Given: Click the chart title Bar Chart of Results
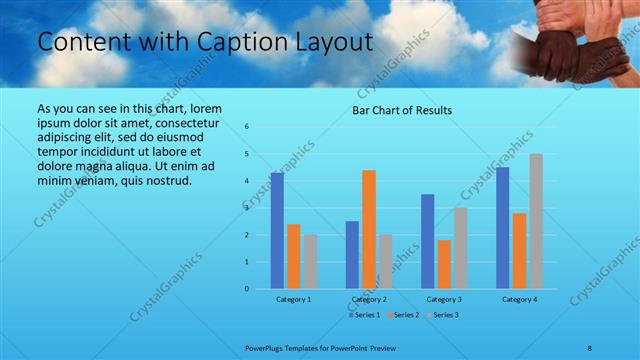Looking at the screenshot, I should [402, 110].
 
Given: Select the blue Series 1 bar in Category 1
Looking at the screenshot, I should [277, 231].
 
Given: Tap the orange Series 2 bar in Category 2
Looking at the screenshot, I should [369, 229].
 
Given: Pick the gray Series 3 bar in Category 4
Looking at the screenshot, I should [536, 221].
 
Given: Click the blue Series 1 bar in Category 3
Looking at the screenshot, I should [428, 241].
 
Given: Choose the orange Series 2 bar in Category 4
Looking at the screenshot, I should [519, 251].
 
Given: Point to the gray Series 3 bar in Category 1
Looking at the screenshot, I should [310, 262].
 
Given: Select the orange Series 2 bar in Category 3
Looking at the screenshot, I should [444, 264].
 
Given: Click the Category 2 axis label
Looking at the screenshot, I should [369, 299].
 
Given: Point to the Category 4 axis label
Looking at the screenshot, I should [519, 299].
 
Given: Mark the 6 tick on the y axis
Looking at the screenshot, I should [247, 127].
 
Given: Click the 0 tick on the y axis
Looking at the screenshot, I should [247, 289].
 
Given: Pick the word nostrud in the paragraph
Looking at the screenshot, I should [158, 180].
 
